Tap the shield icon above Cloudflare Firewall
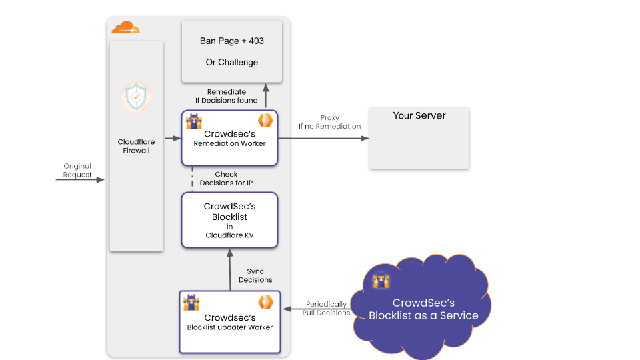136,97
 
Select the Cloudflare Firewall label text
136,146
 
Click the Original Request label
77,170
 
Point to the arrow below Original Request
79,180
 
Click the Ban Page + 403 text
232,41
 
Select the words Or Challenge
232,62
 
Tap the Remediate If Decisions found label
227,96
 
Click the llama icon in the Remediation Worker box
193,121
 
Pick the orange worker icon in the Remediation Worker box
266,121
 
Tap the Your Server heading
419,115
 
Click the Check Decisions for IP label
227,179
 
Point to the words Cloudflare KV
230,235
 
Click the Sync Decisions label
255,275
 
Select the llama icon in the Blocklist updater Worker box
192,301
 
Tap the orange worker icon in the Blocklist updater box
266,301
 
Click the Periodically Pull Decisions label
327,308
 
